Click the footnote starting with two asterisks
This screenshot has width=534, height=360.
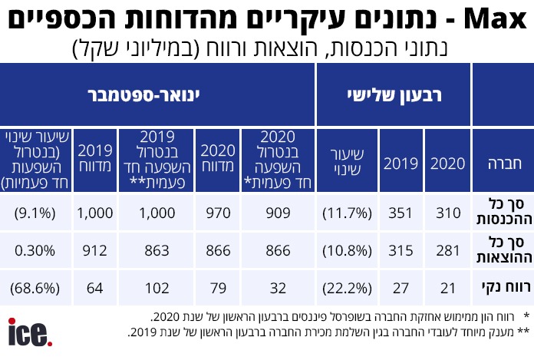pos(322,332)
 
